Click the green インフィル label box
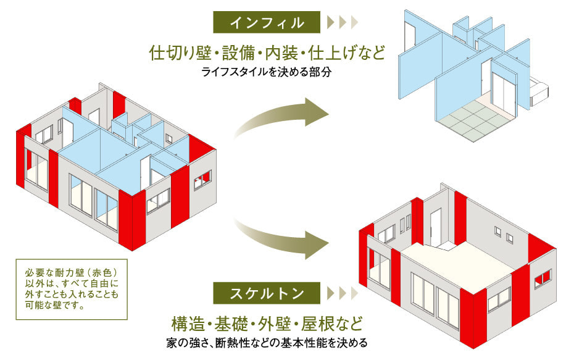point(267,23)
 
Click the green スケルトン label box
point(267,292)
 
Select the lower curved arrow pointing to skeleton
point(284,238)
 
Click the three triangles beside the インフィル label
point(342,23)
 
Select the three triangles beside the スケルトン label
point(342,292)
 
